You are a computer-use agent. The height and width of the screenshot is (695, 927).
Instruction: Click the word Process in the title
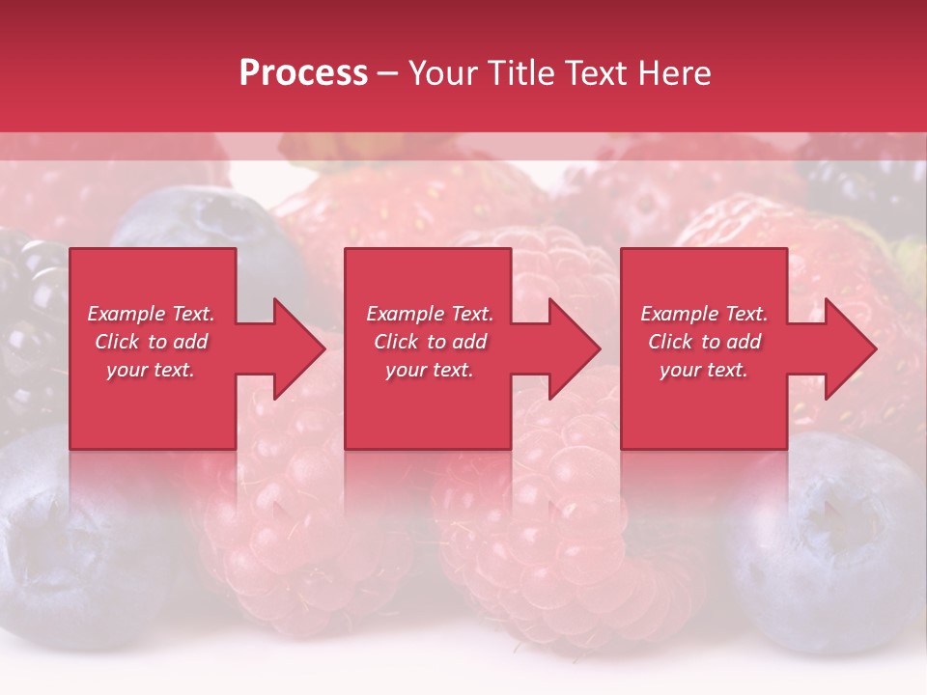click(x=303, y=73)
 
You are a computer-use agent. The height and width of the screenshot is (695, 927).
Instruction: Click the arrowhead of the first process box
click(x=299, y=348)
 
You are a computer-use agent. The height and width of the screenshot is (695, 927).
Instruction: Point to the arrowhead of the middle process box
click(x=575, y=348)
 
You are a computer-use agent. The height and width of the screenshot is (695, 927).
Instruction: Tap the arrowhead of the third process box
click(x=850, y=348)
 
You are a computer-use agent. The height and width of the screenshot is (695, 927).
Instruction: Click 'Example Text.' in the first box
click(x=151, y=314)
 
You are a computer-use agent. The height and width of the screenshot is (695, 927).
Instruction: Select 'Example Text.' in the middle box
click(x=430, y=314)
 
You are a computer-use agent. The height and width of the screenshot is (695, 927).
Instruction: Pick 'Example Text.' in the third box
click(x=704, y=314)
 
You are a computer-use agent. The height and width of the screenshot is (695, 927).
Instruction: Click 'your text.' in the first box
click(x=151, y=370)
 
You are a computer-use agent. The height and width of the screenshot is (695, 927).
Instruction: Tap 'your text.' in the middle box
click(x=430, y=370)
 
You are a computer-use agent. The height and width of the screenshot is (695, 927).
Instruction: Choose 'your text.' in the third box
click(x=704, y=370)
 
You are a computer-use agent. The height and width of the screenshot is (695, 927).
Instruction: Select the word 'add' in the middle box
click(x=469, y=342)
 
